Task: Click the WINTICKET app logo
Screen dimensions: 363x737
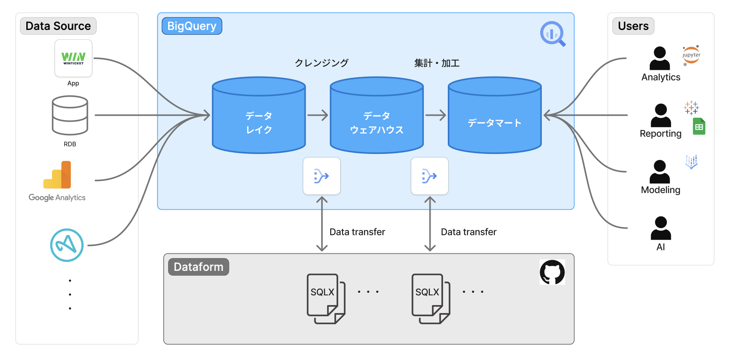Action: [73, 58]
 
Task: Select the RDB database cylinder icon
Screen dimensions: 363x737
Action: [70, 115]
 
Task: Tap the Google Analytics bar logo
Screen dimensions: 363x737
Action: [57, 175]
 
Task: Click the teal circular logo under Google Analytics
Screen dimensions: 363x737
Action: [67, 245]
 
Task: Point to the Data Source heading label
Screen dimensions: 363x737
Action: [58, 26]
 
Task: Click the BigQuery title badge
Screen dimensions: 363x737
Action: [192, 26]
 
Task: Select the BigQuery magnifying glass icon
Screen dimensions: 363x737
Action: [553, 34]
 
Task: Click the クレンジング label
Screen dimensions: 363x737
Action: [321, 63]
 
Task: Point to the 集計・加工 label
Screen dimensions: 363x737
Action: [437, 63]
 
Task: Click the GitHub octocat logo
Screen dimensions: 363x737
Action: [552, 272]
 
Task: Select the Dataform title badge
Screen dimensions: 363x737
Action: [198, 267]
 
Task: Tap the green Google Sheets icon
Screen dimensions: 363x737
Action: [699, 126]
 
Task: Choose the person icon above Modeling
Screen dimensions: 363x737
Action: [660, 172]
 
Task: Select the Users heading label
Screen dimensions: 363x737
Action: [633, 26]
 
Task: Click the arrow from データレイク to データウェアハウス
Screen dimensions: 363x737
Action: [318, 116]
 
